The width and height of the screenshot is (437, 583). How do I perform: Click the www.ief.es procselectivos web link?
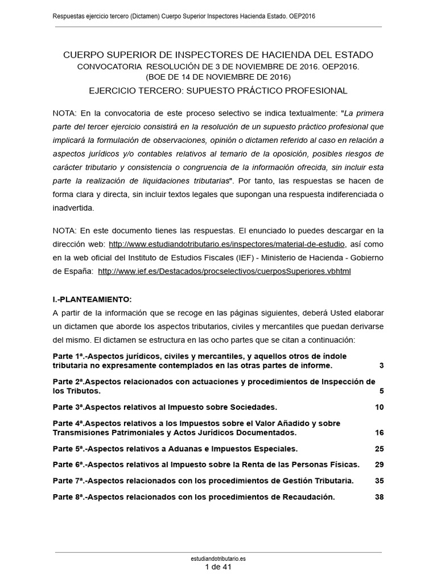click(224, 272)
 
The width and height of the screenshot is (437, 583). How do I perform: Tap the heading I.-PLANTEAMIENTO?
click(92, 299)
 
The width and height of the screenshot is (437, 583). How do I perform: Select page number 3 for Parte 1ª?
click(381, 365)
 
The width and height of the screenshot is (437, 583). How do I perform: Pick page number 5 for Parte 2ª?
click(381, 391)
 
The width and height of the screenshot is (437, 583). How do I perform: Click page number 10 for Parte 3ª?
click(380, 407)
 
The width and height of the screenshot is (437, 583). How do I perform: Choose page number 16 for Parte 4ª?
click(380, 433)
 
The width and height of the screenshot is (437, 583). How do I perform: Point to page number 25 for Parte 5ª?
click(380, 449)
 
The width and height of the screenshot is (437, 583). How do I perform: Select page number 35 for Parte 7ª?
click(380, 481)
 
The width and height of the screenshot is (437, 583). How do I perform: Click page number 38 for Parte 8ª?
click(380, 496)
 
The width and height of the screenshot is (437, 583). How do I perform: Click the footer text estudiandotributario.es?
click(218, 560)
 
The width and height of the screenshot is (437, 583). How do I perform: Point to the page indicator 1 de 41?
click(218, 568)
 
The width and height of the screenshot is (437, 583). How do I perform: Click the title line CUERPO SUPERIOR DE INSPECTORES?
click(218, 55)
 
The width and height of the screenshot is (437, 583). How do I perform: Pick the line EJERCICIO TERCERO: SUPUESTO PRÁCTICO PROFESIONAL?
click(218, 91)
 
